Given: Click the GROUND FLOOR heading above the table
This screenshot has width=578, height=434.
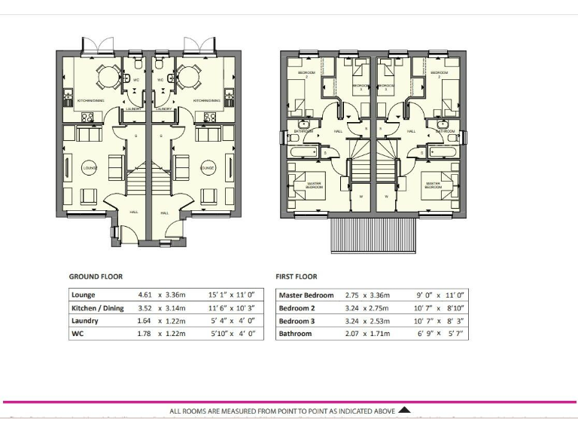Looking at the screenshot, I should pos(96,277).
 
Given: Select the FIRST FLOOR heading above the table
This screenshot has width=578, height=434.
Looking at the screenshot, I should pos(297,277).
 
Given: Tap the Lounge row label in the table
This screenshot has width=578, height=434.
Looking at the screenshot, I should pos(84,295).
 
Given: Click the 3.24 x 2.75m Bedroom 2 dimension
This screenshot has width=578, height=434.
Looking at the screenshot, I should pos(369,308).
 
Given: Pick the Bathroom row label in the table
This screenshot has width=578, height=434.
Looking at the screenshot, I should pos(295,333).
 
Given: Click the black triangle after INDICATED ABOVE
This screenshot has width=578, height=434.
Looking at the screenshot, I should pos(404,411).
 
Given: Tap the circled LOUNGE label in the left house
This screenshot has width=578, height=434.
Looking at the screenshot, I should pos(90,167).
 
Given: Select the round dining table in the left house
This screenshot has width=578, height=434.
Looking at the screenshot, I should pos(106,76).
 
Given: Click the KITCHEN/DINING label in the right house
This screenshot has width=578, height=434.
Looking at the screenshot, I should pos(206,100).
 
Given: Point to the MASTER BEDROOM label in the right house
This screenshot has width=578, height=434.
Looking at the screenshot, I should pos(433,185).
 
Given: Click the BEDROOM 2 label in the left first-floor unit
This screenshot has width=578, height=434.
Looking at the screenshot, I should pos(306,73).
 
